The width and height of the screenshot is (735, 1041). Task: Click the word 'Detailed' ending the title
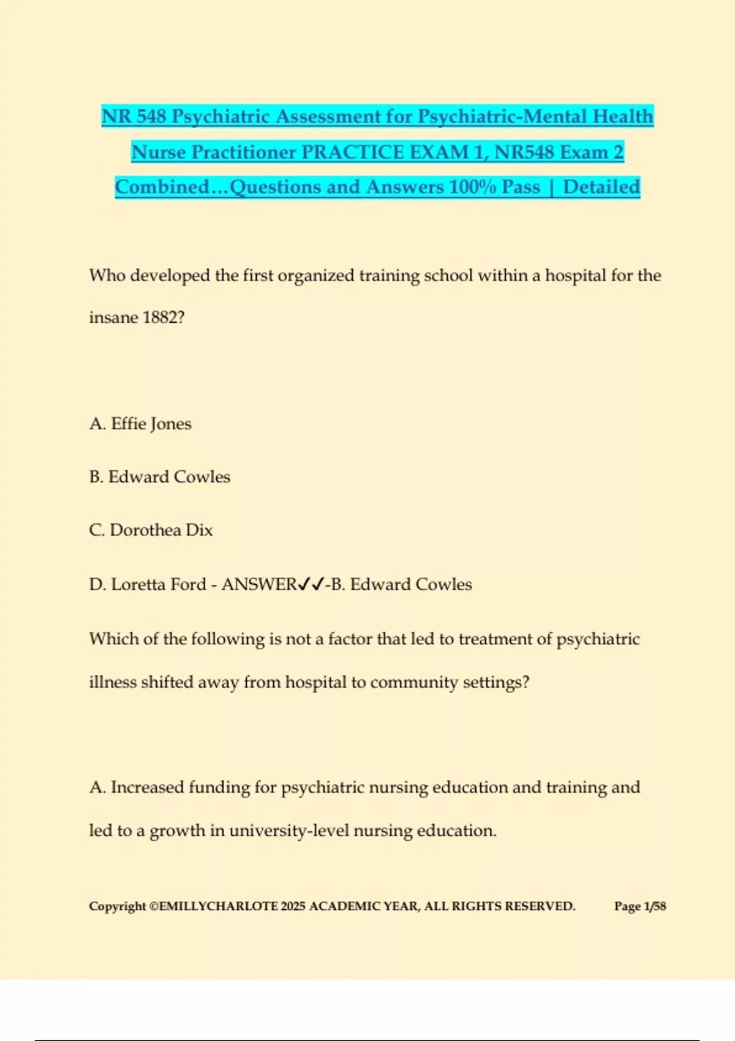click(601, 187)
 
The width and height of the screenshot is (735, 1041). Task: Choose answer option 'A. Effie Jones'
click(140, 424)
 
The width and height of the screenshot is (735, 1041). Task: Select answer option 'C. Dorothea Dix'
click(151, 530)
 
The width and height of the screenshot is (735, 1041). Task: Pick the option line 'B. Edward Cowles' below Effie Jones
click(159, 477)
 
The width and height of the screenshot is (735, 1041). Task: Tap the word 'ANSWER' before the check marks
click(259, 585)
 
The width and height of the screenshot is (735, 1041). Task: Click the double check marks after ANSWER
click(311, 585)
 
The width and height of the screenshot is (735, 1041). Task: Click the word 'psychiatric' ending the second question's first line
click(598, 639)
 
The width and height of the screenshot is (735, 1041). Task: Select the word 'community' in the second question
click(414, 683)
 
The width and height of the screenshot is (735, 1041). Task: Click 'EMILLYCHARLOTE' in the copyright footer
click(217, 906)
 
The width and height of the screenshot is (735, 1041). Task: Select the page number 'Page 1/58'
click(640, 906)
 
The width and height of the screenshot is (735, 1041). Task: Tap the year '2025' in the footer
click(293, 906)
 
